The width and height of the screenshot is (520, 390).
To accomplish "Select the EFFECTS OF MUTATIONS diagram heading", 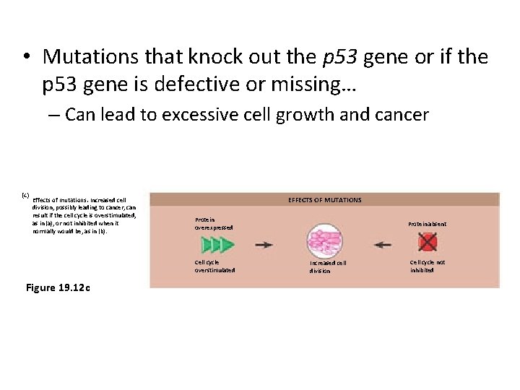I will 324,199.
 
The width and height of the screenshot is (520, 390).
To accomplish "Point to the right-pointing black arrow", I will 264,245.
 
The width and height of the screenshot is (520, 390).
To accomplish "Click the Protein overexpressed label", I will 214,224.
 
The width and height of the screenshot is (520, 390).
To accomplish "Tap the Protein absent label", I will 427,224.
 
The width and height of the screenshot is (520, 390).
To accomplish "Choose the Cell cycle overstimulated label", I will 214,266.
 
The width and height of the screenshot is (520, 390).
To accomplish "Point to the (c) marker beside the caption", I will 25,196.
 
